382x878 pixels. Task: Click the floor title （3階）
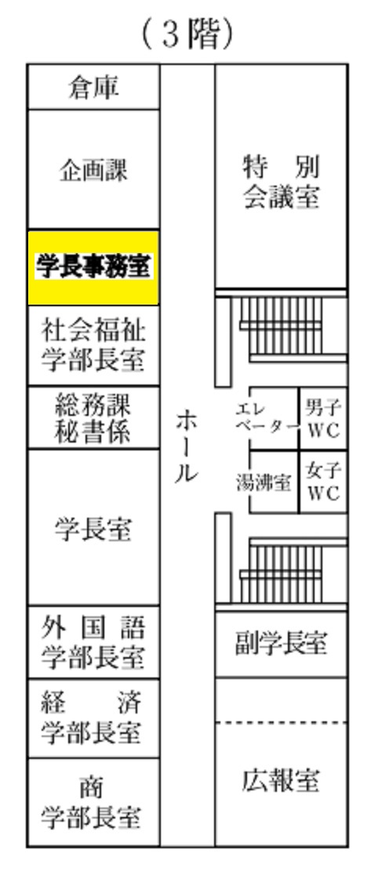[x=187, y=34]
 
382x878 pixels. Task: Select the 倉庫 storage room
[x=93, y=87]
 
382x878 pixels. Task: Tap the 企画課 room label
[x=93, y=170]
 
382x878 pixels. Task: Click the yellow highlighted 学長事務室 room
[x=93, y=267]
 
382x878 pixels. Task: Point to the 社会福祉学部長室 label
[x=93, y=345]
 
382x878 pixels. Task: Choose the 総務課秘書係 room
[x=93, y=417]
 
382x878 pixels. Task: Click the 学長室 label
[x=93, y=529]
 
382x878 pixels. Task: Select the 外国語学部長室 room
[x=93, y=642]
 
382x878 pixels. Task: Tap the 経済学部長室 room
[x=93, y=718]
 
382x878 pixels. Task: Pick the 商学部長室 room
[x=93, y=802]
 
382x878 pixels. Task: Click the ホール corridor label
[x=186, y=446]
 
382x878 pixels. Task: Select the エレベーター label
[x=267, y=417]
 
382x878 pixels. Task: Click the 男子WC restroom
[x=324, y=418]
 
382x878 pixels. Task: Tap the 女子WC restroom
[x=324, y=482]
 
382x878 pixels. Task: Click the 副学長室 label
[x=282, y=644]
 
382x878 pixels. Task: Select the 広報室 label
[x=282, y=780]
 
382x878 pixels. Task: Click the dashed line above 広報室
[x=282, y=723]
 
